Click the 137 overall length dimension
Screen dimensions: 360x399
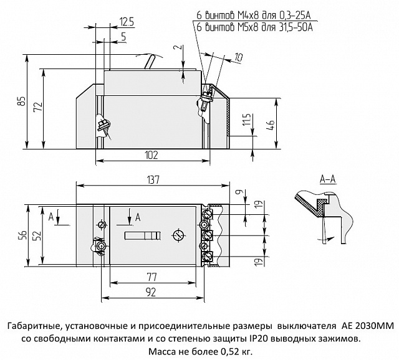click(153, 180)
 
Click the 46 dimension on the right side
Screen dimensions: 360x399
click(269, 125)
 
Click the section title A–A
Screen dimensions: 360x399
click(327, 180)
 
